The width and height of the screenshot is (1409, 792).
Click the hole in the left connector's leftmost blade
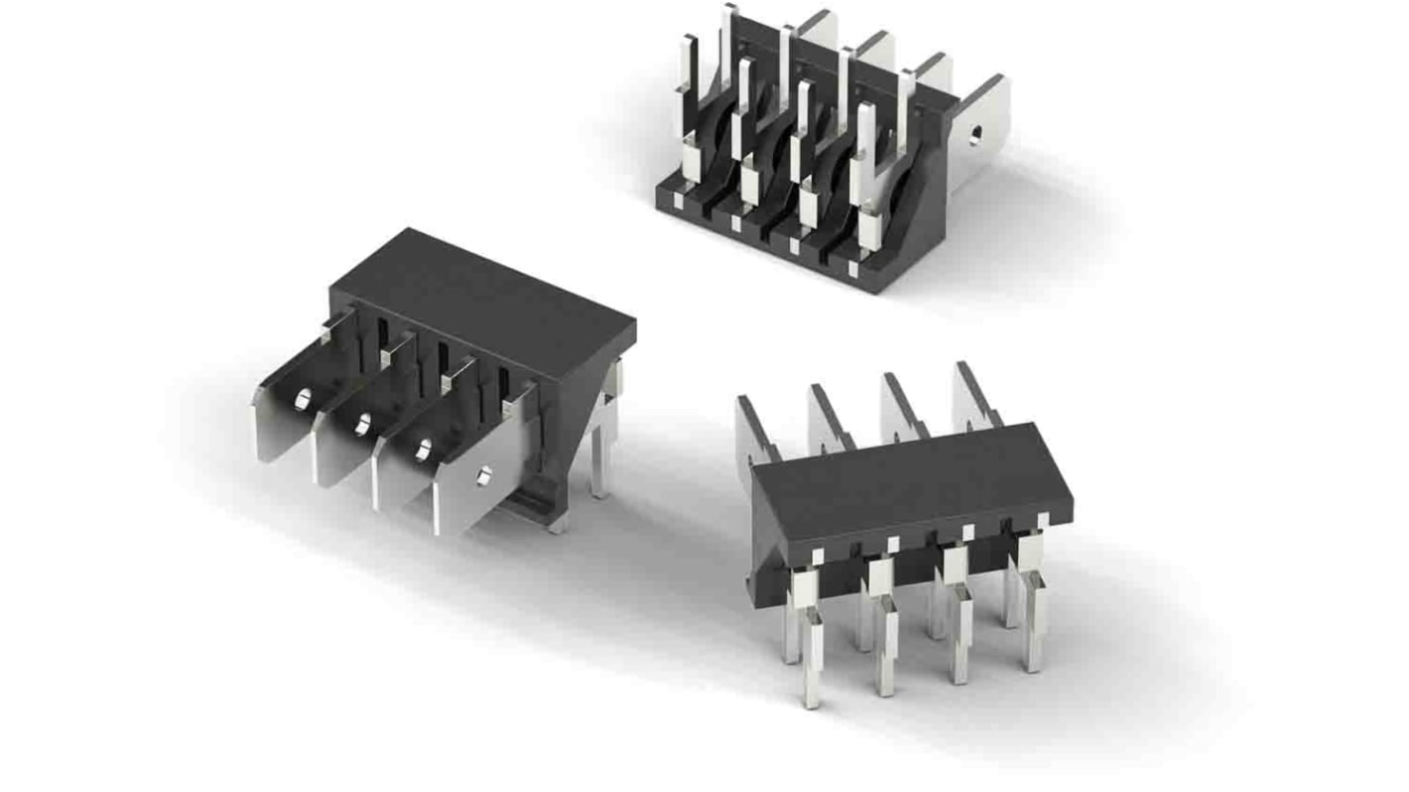click(303, 399)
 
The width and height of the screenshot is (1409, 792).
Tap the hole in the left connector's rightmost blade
click(484, 476)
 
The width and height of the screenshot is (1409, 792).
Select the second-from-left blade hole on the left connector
click(363, 425)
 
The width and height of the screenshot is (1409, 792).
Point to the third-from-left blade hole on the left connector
click(424, 450)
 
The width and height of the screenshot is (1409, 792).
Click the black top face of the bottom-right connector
click(908, 486)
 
